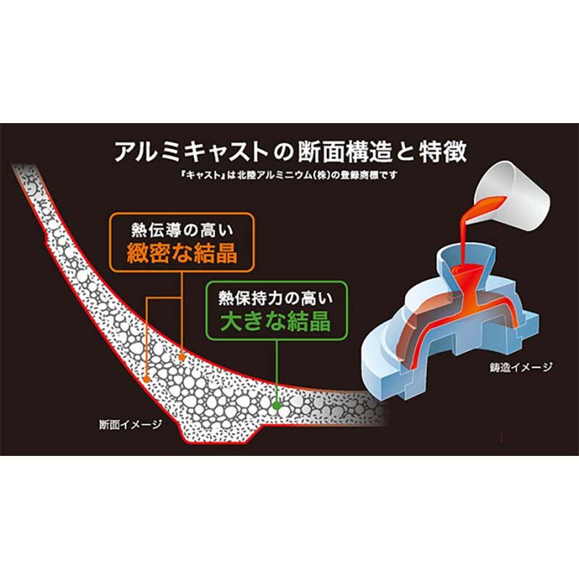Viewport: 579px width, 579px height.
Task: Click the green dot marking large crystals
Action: (276, 408)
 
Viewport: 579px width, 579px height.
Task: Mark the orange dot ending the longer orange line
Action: (147, 377)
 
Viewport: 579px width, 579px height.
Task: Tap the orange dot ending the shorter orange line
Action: (182, 357)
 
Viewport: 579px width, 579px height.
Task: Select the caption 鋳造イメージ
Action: (521, 367)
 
